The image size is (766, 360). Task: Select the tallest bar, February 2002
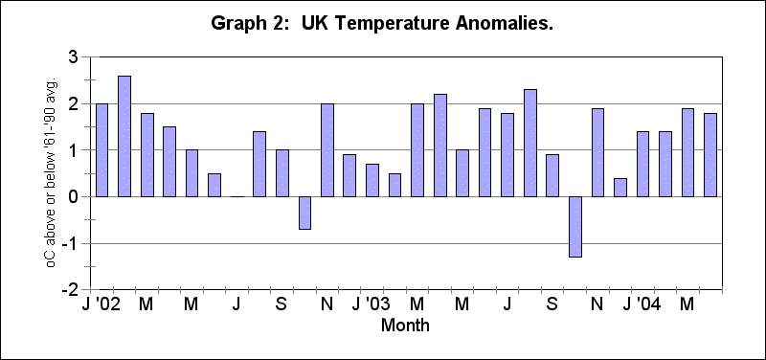[124, 136]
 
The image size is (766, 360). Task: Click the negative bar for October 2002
[304, 213]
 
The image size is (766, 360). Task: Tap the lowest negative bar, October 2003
[575, 227]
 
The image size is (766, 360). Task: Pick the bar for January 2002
[101, 149]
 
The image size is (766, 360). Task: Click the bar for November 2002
[327, 149]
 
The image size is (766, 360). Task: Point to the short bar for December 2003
[620, 187]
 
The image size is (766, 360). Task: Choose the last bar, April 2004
[710, 154]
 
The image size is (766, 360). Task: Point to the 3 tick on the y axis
[73, 57]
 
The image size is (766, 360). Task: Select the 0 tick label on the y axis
[73, 196]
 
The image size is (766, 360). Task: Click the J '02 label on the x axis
[100, 304]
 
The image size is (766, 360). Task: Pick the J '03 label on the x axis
[370, 304]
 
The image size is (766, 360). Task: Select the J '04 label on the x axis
[642, 304]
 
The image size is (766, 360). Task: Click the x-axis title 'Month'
[405, 326]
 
